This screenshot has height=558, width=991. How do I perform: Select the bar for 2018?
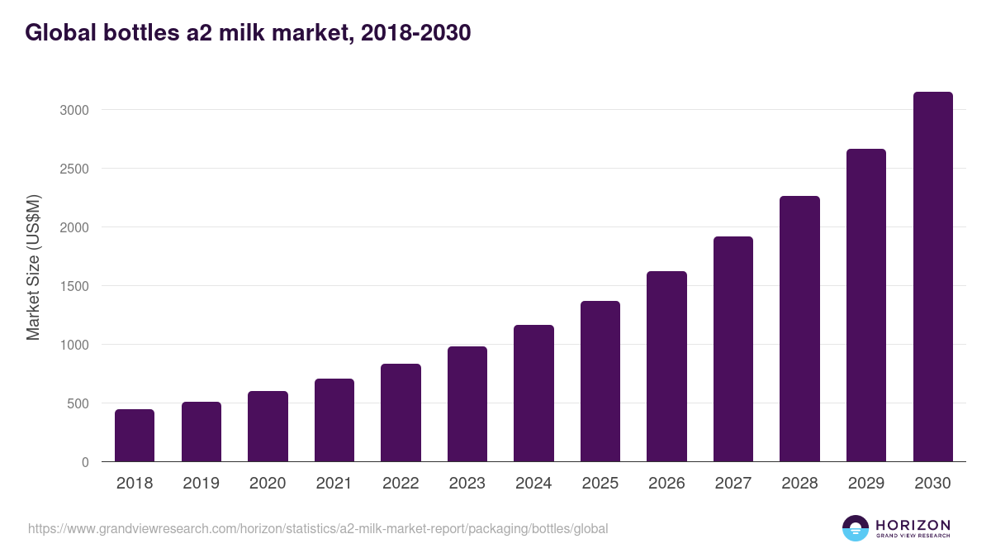pyautogui.click(x=135, y=436)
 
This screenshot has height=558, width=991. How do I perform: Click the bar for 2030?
pyautogui.click(x=932, y=277)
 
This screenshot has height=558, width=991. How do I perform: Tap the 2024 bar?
pyautogui.click(x=533, y=393)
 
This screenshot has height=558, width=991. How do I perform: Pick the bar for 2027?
pyautogui.click(x=733, y=349)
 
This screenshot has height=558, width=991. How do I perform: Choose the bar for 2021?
pyautogui.click(x=334, y=420)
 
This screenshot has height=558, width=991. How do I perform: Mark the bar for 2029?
pyautogui.click(x=866, y=305)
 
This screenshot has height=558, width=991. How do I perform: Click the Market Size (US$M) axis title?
pyautogui.click(x=33, y=268)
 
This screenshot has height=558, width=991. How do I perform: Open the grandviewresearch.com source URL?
pyautogui.click(x=318, y=528)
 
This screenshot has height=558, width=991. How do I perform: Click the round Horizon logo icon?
pyautogui.click(x=856, y=528)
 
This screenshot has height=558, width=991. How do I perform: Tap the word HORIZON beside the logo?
pyautogui.click(x=913, y=525)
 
